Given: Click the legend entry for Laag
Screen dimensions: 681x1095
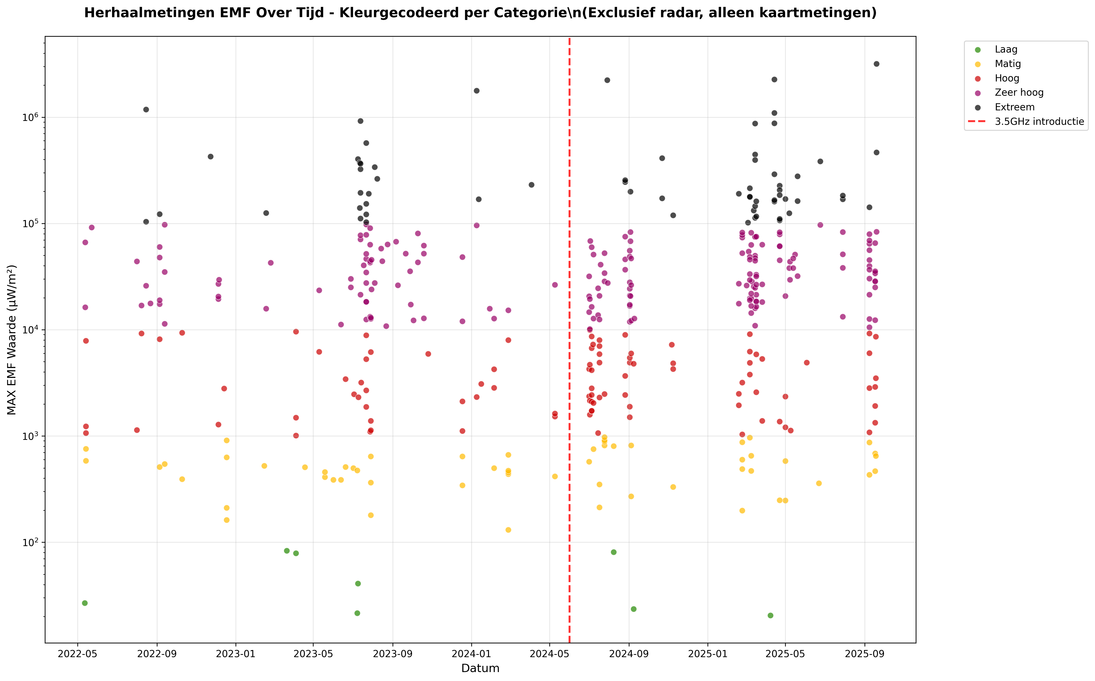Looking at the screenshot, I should coord(1006,50).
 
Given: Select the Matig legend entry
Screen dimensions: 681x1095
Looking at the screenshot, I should coord(1008,64).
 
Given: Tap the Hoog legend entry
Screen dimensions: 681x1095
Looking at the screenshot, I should coord(1007,78).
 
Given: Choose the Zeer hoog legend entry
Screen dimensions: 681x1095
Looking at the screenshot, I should coord(1019,93).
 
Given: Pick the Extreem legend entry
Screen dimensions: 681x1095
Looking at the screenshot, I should coord(1014,107).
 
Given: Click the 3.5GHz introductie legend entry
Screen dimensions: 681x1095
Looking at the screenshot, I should coord(1039,122).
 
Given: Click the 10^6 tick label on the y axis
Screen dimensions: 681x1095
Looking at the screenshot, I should coord(31,117).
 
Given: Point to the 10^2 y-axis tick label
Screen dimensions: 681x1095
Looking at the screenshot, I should coord(31,542).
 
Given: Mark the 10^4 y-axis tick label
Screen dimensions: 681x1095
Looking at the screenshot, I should coord(31,330).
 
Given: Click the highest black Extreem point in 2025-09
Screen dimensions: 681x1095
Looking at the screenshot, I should coord(876,64).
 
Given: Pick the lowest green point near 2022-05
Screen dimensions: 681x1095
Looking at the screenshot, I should coord(85,603).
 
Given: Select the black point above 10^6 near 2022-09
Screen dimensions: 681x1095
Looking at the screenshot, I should coord(146,109).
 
